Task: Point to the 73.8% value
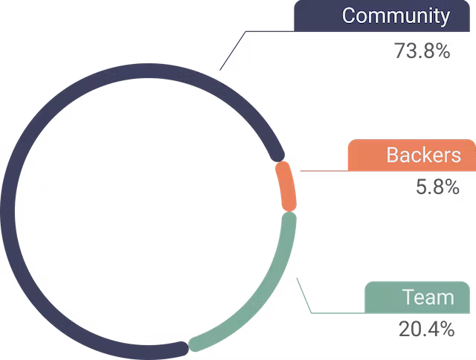click(x=422, y=52)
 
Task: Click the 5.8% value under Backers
click(x=437, y=187)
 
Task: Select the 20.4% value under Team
click(x=426, y=329)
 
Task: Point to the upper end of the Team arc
click(x=290, y=219)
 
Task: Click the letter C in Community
click(x=349, y=16)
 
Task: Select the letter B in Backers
click(x=393, y=155)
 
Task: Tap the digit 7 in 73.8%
click(x=399, y=52)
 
